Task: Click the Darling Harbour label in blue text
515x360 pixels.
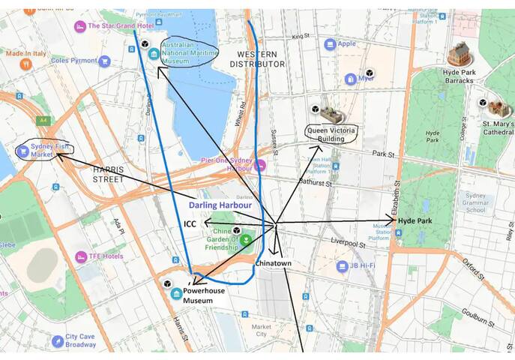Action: [220, 204]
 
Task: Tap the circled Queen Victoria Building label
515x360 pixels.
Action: [331, 133]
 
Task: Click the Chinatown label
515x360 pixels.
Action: [273, 263]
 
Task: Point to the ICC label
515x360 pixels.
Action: [190, 223]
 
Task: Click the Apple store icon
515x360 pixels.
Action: [329, 44]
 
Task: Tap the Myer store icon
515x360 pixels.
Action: [351, 79]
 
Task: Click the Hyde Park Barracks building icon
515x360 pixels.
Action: [458, 53]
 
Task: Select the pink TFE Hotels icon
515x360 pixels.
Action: [81, 256]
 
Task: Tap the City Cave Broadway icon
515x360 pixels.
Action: [58, 341]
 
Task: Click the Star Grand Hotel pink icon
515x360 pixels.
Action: [80, 26]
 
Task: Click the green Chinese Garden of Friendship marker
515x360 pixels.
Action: [247, 241]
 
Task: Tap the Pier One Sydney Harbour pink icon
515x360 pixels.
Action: [259, 165]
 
